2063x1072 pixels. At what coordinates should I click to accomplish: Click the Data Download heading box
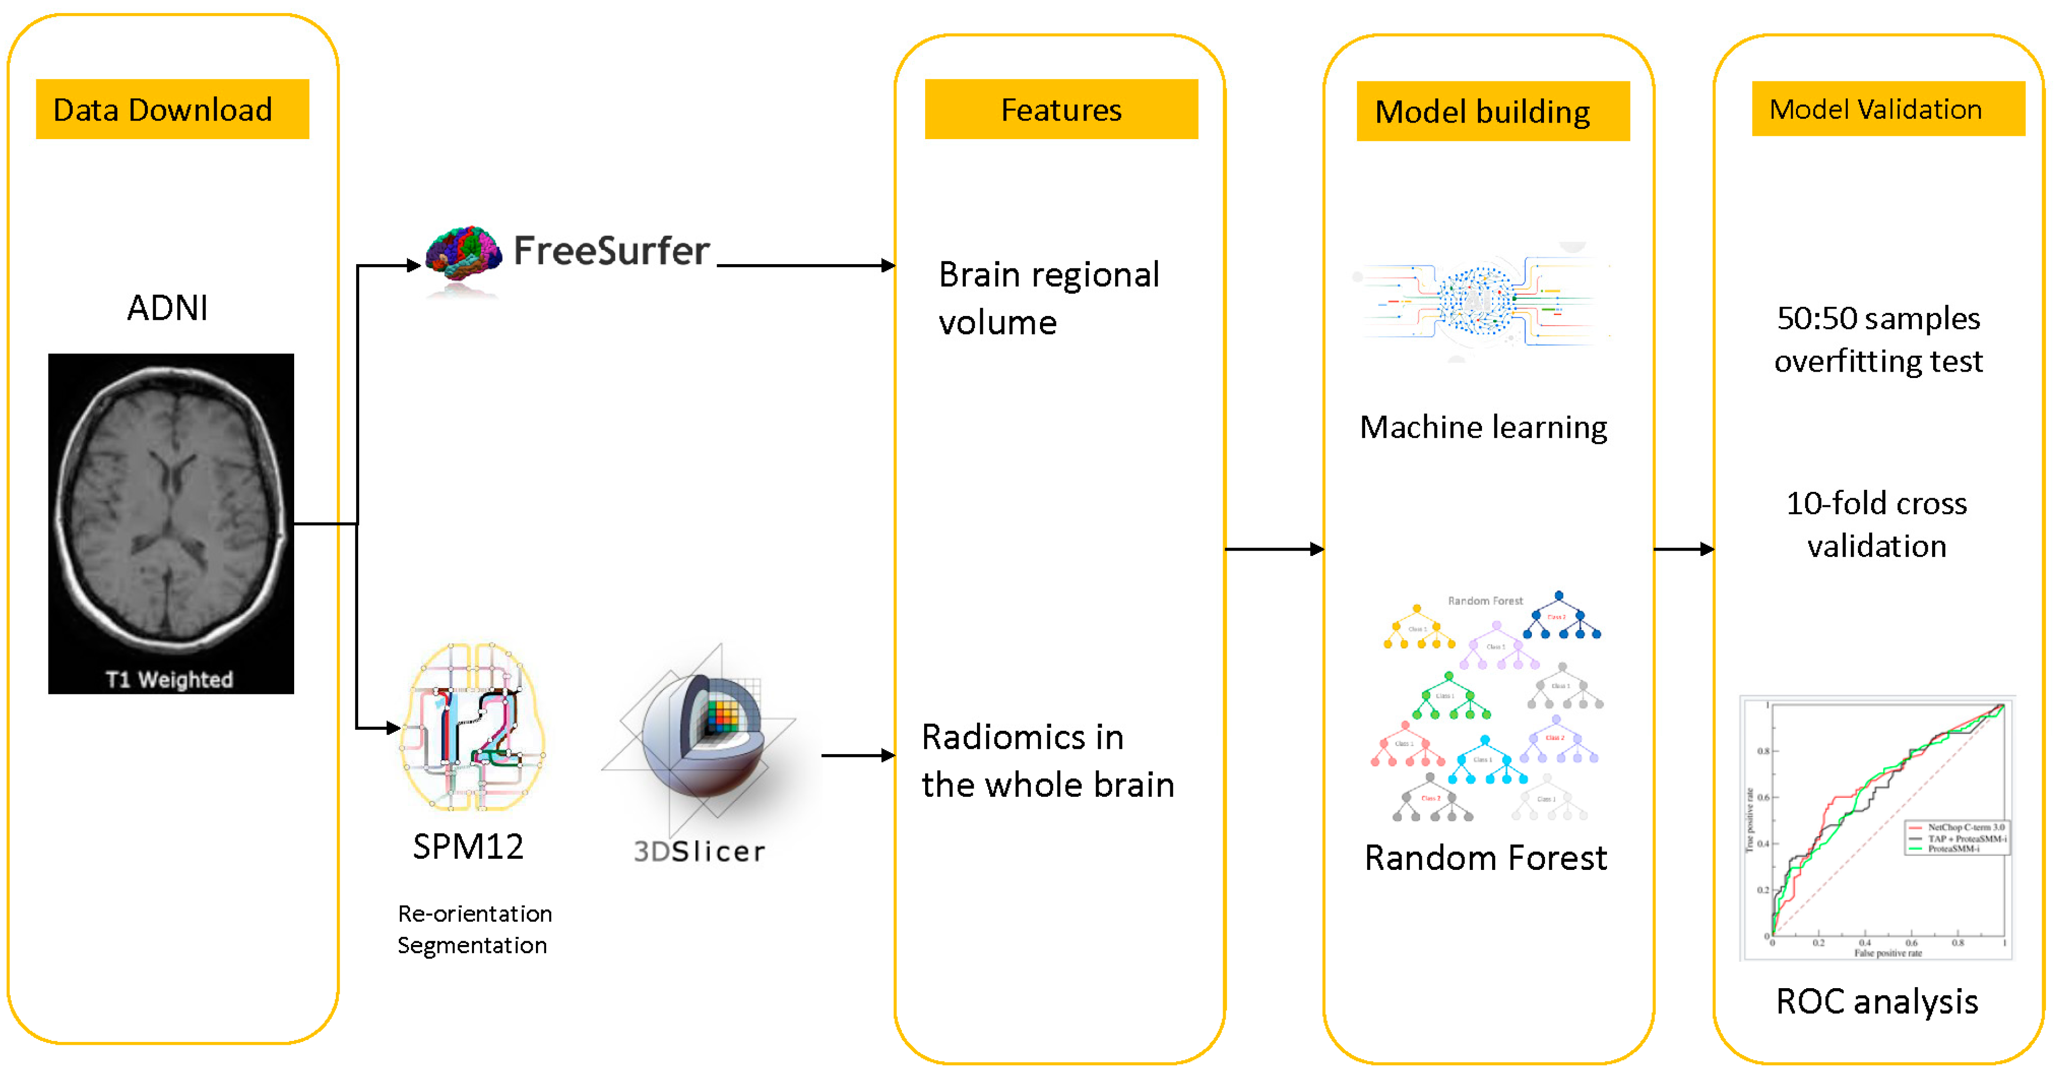click(172, 109)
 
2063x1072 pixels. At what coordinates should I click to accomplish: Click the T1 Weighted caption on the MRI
click(169, 680)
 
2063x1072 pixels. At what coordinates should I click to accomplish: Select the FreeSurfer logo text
click(611, 251)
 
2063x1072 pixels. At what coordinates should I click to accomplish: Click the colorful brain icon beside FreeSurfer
click(463, 254)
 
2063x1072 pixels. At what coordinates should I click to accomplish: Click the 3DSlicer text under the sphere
click(699, 851)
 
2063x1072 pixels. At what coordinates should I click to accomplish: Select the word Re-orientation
click(475, 914)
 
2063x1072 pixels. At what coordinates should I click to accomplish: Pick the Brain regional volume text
click(1048, 298)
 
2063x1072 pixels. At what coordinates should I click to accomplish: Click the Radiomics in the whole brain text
click(1047, 760)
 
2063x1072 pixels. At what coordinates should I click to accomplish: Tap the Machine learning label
click(1482, 427)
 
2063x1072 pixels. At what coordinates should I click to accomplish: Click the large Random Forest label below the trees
click(1485, 857)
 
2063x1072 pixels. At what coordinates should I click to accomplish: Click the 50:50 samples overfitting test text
click(1878, 339)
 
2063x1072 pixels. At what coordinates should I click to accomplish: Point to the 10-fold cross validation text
click(1876, 524)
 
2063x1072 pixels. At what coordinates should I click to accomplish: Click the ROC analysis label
click(1876, 1001)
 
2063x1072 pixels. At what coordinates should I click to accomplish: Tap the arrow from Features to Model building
click(1274, 549)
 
